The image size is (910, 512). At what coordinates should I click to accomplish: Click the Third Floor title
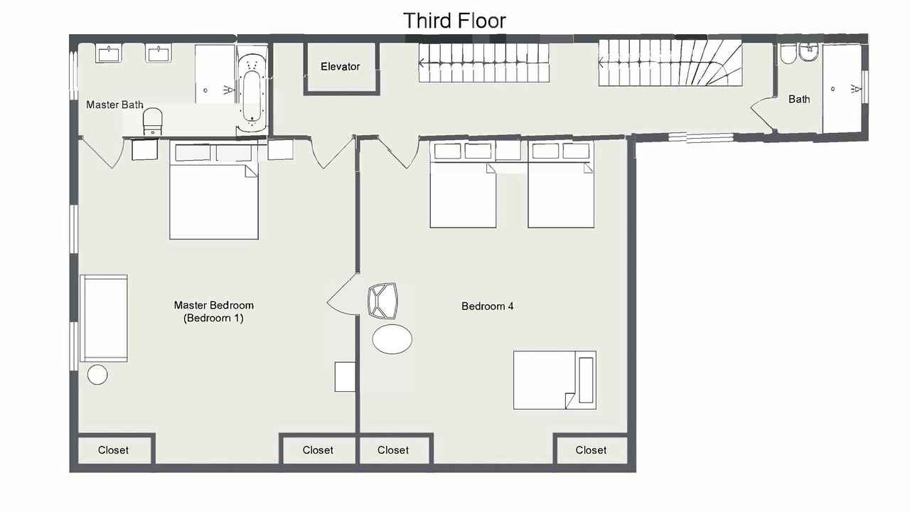pos(454,21)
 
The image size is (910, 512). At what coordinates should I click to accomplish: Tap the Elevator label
pos(340,67)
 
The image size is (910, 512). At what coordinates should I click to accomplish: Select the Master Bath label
pos(114,105)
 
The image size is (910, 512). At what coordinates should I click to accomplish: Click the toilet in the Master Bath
pos(152,121)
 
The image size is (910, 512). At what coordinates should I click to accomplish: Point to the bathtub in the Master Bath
pos(252,90)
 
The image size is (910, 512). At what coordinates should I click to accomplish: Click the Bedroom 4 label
pos(487,306)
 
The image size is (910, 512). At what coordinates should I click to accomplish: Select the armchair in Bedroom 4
pos(382,301)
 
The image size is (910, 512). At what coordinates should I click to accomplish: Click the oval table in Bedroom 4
pos(392,339)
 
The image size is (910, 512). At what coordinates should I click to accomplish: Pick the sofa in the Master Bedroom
pos(104,318)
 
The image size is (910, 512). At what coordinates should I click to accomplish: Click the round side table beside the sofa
pos(97,374)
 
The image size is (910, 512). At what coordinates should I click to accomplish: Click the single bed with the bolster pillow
pos(555,380)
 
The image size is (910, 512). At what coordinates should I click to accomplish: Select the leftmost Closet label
pos(113,450)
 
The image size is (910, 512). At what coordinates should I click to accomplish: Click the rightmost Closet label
pos(591,450)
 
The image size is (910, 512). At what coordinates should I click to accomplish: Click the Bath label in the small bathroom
pos(799,99)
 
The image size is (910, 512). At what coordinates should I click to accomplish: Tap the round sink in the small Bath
pos(809,52)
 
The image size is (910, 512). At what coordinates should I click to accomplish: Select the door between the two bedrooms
pos(343,294)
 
